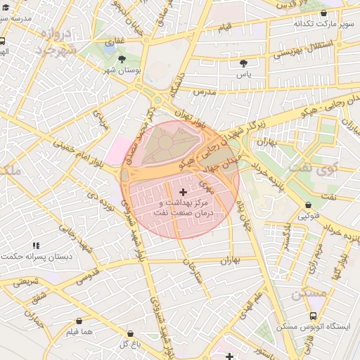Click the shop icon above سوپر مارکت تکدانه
click(323, 13)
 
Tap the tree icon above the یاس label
click(243, 63)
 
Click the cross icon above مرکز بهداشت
click(184, 192)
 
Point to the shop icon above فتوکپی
click(309, 206)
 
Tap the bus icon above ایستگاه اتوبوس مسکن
click(312, 316)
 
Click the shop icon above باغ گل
click(130, 333)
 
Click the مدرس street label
click(202, 92)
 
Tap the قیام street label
click(225, 26)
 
